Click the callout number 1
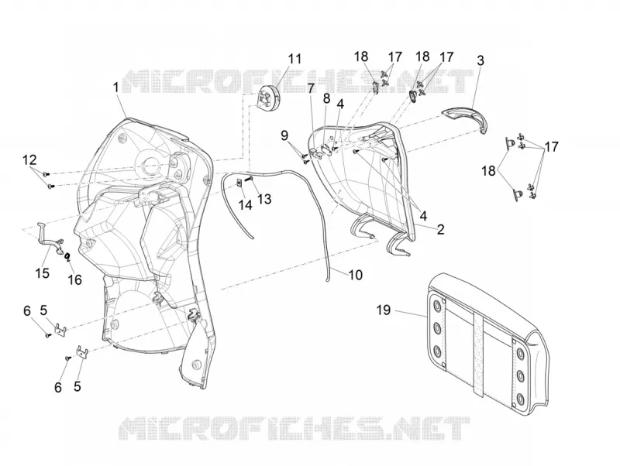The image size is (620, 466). [x=115, y=87]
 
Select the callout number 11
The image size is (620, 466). [x=294, y=60]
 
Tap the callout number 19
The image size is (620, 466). [x=383, y=310]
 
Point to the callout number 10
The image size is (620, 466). [x=356, y=275]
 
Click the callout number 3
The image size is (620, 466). [x=480, y=61]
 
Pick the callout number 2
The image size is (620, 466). [x=440, y=229]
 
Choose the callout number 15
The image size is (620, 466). [x=43, y=273]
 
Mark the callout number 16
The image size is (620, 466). [x=74, y=279]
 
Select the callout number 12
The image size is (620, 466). [x=29, y=160]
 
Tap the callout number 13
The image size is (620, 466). [x=264, y=199]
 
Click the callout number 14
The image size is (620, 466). [x=245, y=204]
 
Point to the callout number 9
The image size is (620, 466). [x=284, y=135]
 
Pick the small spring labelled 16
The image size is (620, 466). [x=67, y=258]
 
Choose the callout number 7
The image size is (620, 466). [x=312, y=88]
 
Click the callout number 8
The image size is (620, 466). [x=326, y=99]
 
